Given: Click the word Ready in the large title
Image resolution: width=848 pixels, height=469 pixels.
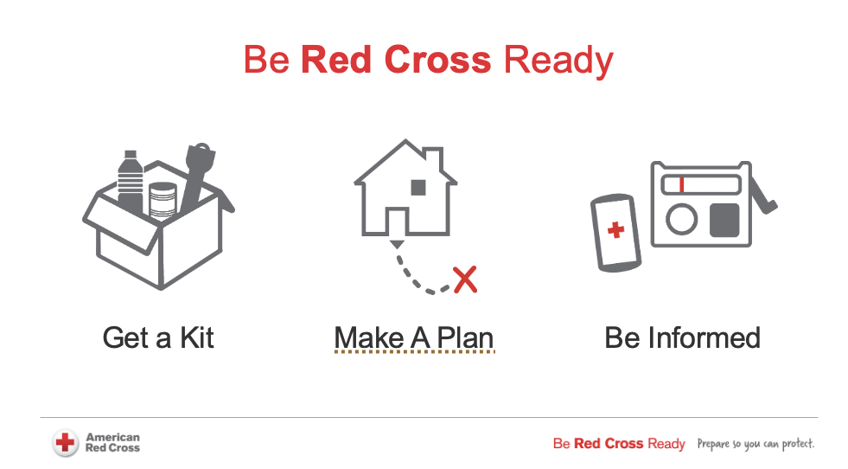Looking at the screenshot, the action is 558,61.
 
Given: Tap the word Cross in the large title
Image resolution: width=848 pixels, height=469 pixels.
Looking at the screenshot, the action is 437,59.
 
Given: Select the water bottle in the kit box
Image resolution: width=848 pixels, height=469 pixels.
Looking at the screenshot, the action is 131,181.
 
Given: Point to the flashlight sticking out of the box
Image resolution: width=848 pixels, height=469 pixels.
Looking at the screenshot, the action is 197,177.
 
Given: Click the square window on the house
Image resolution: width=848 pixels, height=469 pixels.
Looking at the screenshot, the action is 418,188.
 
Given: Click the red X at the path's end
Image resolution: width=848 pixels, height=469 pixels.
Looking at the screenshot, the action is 465,279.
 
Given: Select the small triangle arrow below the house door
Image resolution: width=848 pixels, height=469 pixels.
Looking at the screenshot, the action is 397,244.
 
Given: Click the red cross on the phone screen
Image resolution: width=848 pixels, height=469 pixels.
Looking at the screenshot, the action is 615,230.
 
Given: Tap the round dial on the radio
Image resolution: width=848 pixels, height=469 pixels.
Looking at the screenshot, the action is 681,219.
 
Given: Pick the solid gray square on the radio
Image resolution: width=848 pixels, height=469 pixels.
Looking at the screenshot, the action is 724,220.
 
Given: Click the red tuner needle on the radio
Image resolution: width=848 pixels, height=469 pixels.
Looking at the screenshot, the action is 681,184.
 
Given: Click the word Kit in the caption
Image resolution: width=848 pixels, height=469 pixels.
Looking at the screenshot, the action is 197,338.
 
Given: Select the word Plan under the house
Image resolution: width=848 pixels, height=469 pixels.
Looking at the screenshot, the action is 465,338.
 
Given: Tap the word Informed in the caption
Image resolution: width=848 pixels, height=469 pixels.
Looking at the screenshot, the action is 705,338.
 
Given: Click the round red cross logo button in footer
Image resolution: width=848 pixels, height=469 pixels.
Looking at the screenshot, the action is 66,443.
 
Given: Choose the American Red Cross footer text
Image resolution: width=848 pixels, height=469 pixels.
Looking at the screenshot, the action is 112,442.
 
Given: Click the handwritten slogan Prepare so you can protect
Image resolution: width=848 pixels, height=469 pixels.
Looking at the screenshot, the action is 756,444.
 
